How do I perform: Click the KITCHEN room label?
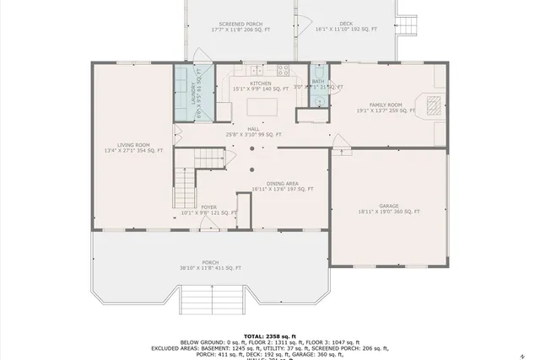260,83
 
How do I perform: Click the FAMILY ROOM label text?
386,105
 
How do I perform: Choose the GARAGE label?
388,206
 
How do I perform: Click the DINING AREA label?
282,184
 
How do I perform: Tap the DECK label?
346,24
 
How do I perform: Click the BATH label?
318,82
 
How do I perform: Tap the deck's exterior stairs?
406,21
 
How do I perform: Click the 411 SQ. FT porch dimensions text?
210,268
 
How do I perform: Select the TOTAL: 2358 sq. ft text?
270,335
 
